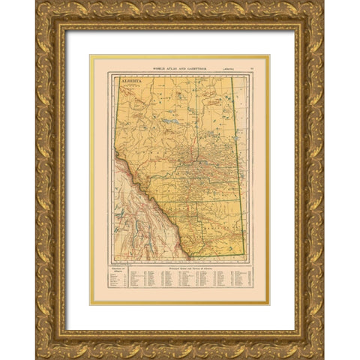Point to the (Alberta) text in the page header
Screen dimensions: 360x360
tap(222, 68)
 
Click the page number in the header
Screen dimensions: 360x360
tap(253, 68)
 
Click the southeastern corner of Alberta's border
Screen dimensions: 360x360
tap(245, 256)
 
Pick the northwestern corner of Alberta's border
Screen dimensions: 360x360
tap(115, 76)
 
